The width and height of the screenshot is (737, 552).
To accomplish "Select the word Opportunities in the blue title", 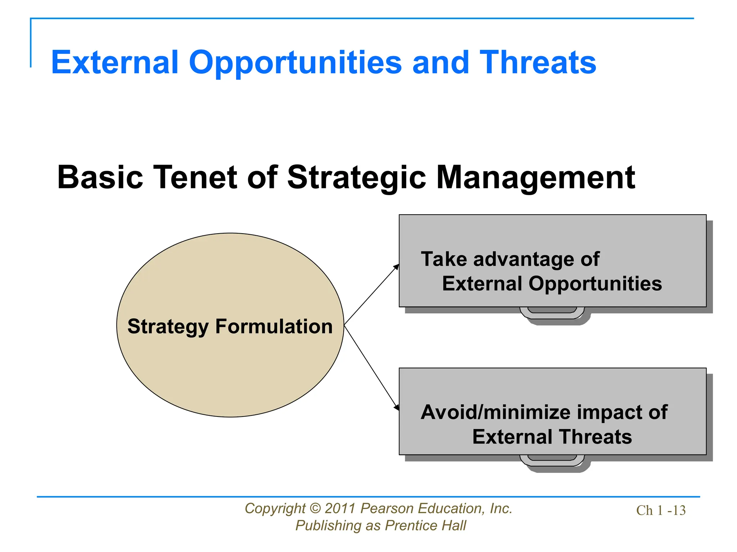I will [x=295, y=63].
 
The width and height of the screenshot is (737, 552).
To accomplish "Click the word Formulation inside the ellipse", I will [x=274, y=326].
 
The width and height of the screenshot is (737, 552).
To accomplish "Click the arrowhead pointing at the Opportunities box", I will [x=397, y=266].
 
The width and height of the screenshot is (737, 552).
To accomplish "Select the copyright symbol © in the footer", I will [x=315, y=509].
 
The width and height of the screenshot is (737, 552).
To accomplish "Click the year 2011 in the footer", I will [x=340, y=509].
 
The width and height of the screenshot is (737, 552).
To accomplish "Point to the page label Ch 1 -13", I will [x=661, y=510].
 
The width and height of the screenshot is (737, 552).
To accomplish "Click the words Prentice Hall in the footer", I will [x=425, y=525].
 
